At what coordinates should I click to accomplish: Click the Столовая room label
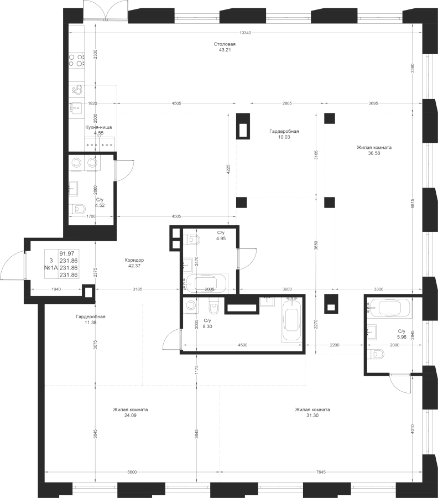tap(225, 44)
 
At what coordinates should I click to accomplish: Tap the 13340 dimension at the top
tap(245, 33)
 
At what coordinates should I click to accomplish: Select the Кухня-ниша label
tap(98, 127)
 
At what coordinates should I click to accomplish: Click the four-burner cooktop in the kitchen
tap(76, 60)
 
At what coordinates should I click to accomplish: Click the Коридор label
tap(134, 260)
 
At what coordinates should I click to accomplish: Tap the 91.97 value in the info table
tap(67, 253)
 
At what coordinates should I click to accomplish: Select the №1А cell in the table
tap(51, 268)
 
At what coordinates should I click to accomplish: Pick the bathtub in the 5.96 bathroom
tap(390, 308)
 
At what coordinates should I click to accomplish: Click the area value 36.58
tap(373, 153)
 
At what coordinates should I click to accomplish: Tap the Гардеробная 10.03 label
tap(284, 134)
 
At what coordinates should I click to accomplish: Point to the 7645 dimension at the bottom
tap(321, 473)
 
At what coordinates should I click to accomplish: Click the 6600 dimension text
tap(132, 473)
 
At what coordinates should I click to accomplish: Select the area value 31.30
tap(312, 416)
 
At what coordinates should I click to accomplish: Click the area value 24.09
tap(130, 416)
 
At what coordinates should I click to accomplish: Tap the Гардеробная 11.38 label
tap(91, 319)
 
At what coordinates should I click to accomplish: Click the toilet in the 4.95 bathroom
tap(194, 240)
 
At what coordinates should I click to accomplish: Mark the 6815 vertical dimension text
tap(413, 204)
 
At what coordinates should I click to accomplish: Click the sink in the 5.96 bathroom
tap(372, 332)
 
